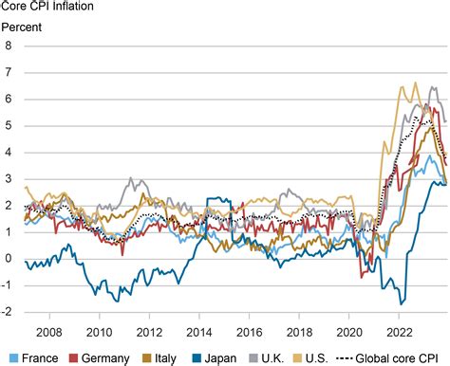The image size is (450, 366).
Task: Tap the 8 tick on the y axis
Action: (x=9, y=46)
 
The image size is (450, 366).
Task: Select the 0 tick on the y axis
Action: (x=9, y=258)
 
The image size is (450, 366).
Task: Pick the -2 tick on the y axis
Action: (x=8, y=311)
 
